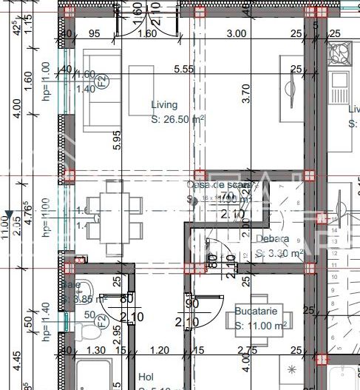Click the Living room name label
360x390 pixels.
pyautogui.click(x=164, y=105)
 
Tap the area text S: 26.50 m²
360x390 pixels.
pyautogui.click(x=177, y=118)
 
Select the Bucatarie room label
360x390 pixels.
pyautogui.click(x=257, y=312)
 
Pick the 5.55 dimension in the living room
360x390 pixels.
pyautogui.click(x=183, y=68)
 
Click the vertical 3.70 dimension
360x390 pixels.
pyautogui.click(x=246, y=93)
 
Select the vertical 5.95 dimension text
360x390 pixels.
pyautogui.click(x=116, y=141)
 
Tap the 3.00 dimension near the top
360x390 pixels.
pyautogui.click(x=236, y=33)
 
